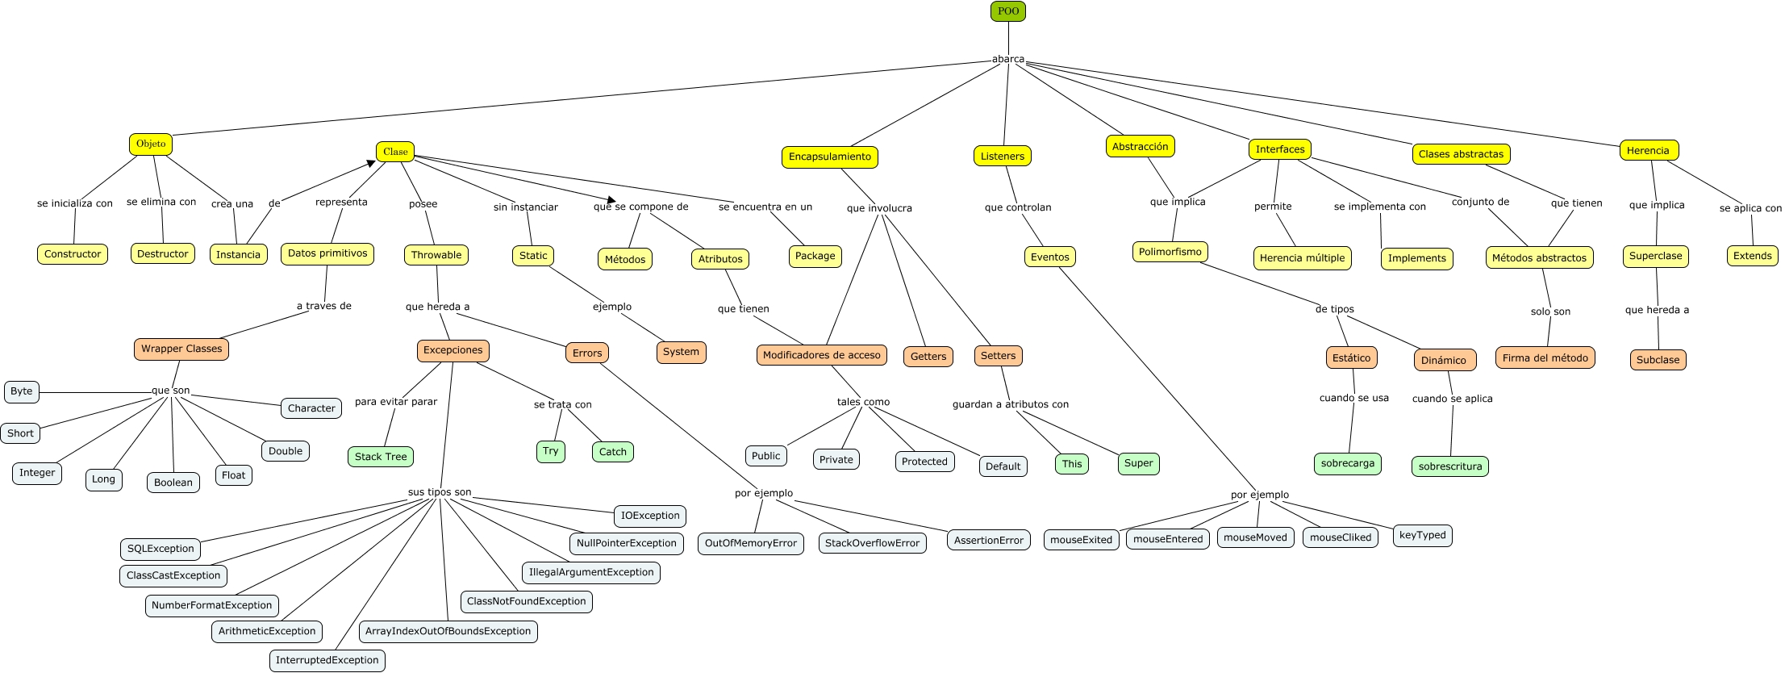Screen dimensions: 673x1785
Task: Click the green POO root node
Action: (1007, 11)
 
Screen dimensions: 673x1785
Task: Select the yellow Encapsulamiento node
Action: (829, 157)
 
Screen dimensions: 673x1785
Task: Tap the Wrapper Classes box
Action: (181, 349)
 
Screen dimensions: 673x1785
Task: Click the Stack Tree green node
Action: (381, 457)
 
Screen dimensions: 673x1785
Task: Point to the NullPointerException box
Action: (626, 543)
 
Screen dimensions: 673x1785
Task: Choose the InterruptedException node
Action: (327, 660)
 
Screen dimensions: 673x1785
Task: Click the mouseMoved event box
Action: (1255, 537)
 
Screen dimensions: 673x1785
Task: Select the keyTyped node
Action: (1422, 535)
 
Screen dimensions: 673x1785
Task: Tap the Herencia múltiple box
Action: (1302, 258)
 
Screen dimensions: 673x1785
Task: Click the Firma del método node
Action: (1545, 357)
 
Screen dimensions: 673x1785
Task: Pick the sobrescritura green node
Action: (1449, 466)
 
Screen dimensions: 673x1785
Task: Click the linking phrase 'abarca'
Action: (1007, 59)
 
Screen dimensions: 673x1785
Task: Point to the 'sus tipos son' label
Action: (440, 492)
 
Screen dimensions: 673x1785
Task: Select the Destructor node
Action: (162, 253)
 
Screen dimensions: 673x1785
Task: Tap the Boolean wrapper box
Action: (173, 483)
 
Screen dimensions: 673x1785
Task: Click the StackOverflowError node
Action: (872, 543)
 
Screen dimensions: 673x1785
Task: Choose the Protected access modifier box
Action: (924, 462)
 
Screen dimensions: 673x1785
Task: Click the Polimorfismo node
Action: (1170, 252)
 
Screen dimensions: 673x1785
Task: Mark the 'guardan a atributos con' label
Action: (1010, 404)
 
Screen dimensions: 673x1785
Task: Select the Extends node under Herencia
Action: (1752, 256)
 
